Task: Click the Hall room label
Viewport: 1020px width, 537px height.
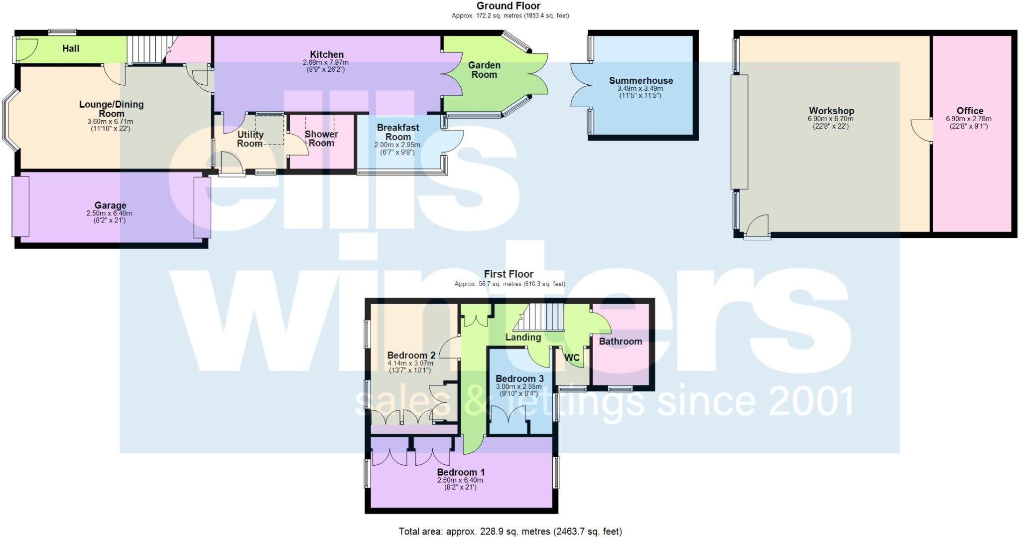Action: click(x=71, y=48)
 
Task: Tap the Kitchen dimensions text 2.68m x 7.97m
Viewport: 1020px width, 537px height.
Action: click(x=326, y=63)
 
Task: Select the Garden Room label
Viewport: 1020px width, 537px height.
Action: click(x=484, y=70)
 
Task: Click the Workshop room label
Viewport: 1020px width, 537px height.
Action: click(x=831, y=111)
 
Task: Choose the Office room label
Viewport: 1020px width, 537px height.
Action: click(x=970, y=111)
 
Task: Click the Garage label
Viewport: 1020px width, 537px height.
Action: click(x=110, y=205)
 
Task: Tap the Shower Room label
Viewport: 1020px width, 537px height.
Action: click(x=321, y=139)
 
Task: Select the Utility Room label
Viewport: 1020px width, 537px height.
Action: click(x=250, y=139)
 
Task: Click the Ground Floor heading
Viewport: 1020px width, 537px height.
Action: click(x=508, y=6)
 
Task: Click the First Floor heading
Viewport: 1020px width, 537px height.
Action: click(x=509, y=274)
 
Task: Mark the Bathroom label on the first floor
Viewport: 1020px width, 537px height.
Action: click(x=620, y=342)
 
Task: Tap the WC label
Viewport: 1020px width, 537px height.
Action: click(x=572, y=358)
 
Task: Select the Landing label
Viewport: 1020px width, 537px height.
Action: click(x=523, y=338)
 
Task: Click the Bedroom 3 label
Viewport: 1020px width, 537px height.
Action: click(x=519, y=378)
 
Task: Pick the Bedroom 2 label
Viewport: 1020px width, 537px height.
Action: click(x=411, y=356)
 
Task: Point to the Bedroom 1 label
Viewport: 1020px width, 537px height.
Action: click(x=461, y=472)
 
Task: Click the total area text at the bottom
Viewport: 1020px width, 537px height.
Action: click(x=510, y=532)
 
